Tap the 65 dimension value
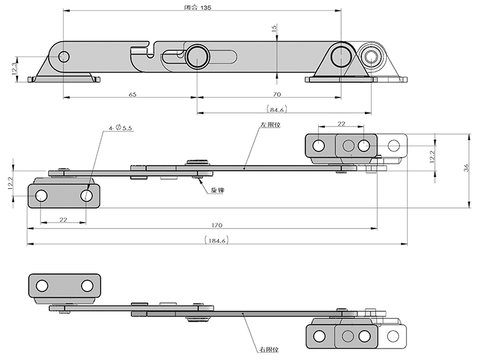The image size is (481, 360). point(132,94)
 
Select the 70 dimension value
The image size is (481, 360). point(268,94)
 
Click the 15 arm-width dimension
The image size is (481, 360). point(274,29)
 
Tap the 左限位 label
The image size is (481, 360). point(271,125)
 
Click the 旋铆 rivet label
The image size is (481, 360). point(217,191)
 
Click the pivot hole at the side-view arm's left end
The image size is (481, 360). point(63,57)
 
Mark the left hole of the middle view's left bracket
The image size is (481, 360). point(41,195)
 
